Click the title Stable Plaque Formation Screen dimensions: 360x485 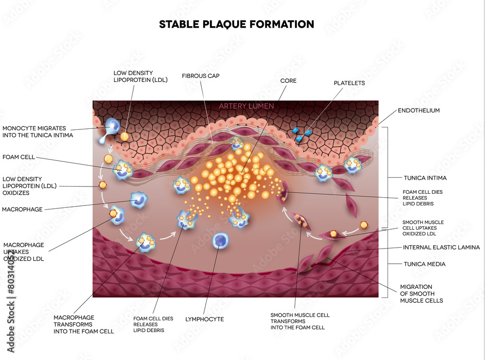pyautogui.click(x=236, y=24)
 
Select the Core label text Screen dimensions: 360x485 pyautogui.click(x=288, y=80)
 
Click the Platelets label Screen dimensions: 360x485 pyautogui.click(x=349, y=83)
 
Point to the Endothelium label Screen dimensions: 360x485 pyautogui.click(x=419, y=110)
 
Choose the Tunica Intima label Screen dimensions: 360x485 pyautogui.click(x=425, y=178)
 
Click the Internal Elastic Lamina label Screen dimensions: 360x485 pyautogui.click(x=441, y=247)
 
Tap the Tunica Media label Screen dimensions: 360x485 pyautogui.click(x=424, y=264)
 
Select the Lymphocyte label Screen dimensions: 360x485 pyautogui.click(x=204, y=319)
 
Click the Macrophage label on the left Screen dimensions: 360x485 pyautogui.click(x=22, y=209)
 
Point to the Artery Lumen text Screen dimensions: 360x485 pyautogui.click(x=246, y=106)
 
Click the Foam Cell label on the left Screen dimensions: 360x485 pyautogui.click(x=17, y=157)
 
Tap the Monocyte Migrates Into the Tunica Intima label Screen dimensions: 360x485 pyautogui.click(x=37, y=132)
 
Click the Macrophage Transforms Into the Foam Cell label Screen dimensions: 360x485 pyautogui.click(x=83, y=324)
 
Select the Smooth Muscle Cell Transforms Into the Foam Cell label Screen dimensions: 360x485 pyautogui.click(x=300, y=321)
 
